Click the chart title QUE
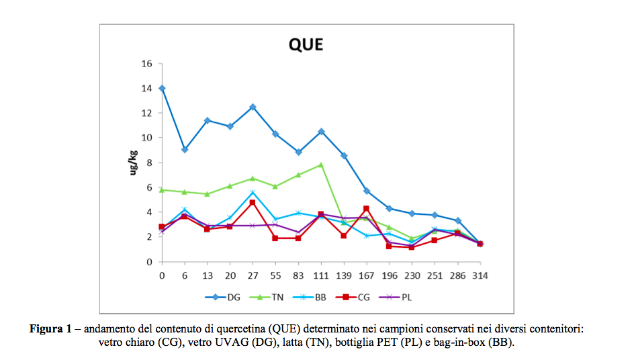(x=306, y=44)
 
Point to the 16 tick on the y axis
(x=147, y=64)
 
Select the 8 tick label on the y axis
(x=150, y=163)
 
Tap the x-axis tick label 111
(x=321, y=276)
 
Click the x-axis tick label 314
(x=480, y=276)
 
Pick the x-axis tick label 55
(x=275, y=276)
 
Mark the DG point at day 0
(x=162, y=89)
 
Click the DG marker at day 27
(x=253, y=107)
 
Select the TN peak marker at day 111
(x=321, y=165)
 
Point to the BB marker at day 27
(x=253, y=192)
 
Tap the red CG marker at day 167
(x=366, y=209)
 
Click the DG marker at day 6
(x=185, y=150)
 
